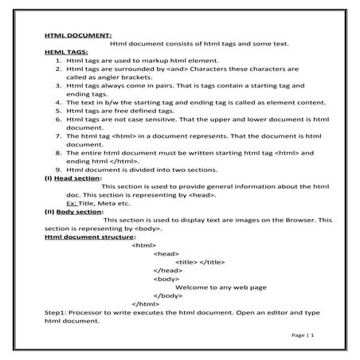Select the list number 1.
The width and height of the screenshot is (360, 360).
pyautogui.click(x=58, y=60)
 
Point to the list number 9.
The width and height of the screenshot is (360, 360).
pyautogui.click(x=58, y=169)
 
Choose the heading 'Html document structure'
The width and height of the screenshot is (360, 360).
pyautogui.click(x=89, y=237)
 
